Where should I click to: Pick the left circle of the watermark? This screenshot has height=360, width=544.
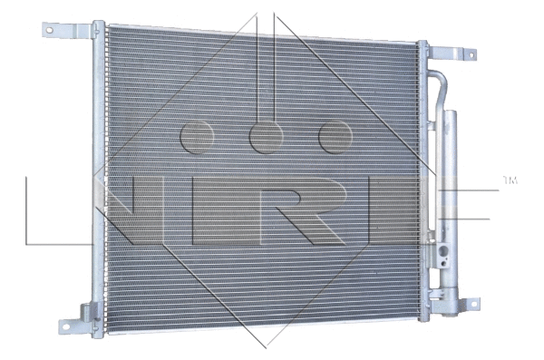[x=197, y=136]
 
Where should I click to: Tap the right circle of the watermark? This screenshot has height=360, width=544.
[x=335, y=136]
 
